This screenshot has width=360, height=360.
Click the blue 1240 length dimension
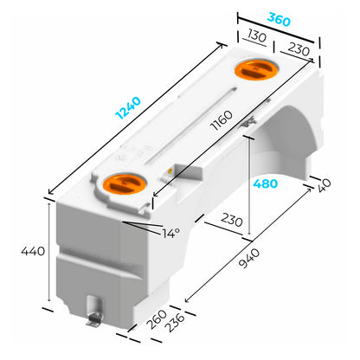click(x=128, y=108)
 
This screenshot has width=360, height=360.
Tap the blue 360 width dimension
click(x=279, y=19)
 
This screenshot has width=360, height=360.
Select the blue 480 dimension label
click(x=266, y=183)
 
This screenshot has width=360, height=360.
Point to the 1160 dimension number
click(x=222, y=120)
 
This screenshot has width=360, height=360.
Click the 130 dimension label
click(x=257, y=36)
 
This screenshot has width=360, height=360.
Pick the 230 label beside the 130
click(x=299, y=48)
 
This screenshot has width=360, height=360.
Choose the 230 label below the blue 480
click(x=232, y=220)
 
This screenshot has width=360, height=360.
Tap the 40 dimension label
click(x=325, y=185)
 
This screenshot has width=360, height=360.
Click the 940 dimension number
click(x=249, y=259)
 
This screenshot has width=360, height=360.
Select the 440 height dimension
click(x=33, y=251)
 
